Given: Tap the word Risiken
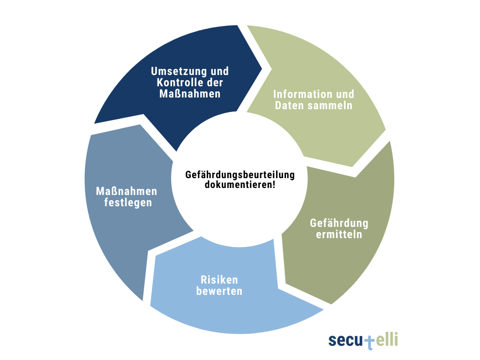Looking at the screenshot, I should [x=219, y=280].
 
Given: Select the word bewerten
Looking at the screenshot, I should [x=219, y=291].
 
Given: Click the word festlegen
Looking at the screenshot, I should [x=126, y=203].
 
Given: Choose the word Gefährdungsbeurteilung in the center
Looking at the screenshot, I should [x=240, y=175].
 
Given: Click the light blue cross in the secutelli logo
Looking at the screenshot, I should [x=370, y=341].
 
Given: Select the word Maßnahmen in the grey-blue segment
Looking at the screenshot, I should [x=126, y=192].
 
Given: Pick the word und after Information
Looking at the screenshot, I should [x=344, y=94].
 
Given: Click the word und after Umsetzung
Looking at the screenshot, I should [x=219, y=71].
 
